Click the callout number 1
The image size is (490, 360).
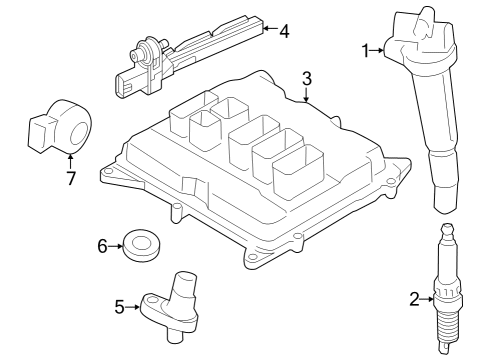(x=366, y=49)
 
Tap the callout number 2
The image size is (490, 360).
(x=415, y=297)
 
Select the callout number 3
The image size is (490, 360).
(x=307, y=77)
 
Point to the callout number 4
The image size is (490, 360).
(x=284, y=31)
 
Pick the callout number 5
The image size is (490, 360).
(x=120, y=307)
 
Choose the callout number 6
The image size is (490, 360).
(x=101, y=244)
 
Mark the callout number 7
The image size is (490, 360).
(x=70, y=179)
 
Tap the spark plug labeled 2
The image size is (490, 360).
(x=445, y=300)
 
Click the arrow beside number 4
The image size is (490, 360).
(x=268, y=31)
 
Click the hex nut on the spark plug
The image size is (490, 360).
(x=445, y=297)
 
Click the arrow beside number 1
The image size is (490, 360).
(x=380, y=49)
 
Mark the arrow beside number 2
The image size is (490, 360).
(x=428, y=297)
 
